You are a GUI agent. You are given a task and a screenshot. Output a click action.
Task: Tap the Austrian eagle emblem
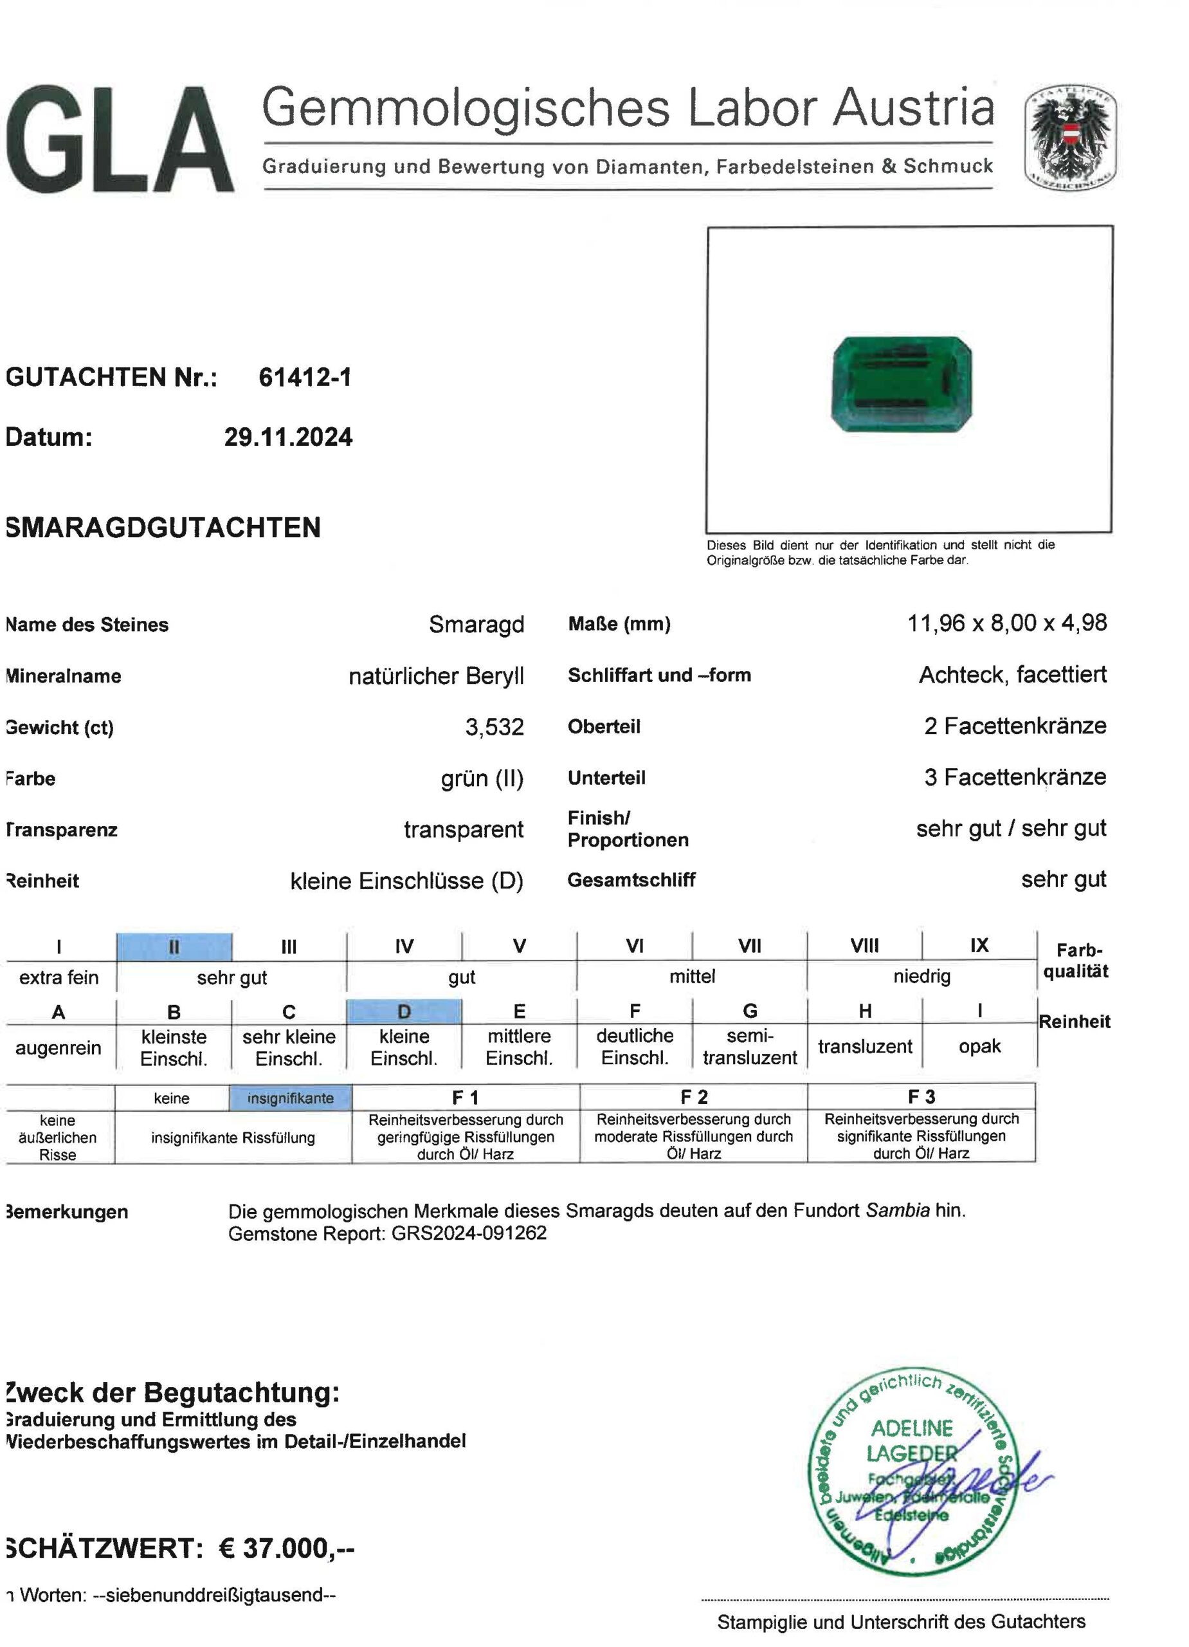tap(1070, 140)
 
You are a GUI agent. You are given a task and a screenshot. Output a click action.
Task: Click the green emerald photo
tap(902, 383)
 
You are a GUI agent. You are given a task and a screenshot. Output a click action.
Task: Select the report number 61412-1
tap(305, 378)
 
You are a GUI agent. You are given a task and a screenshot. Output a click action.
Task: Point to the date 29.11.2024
tap(288, 437)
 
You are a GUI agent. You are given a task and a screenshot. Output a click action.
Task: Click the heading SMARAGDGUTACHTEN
tap(163, 527)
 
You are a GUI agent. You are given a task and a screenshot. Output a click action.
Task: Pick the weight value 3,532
tap(495, 727)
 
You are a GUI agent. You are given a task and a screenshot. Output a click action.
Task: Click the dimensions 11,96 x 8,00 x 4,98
tap(1007, 623)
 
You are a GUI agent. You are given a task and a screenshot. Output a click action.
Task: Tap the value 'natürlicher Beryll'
tap(435, 676)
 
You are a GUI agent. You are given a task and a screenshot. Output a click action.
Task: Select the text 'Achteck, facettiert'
tap(1013, 675)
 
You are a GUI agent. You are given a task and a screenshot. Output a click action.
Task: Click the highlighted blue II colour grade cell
tap(174, 947)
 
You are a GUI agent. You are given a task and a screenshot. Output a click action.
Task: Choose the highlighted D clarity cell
tap(404, 1011)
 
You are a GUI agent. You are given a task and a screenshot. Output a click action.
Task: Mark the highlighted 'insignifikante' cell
tap(291, 1098)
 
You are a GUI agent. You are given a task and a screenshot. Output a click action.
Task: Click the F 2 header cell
tap(693, 1096)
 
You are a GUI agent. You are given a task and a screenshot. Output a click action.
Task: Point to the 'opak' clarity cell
tap(979, 1047)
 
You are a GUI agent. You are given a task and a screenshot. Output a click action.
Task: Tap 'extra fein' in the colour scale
tap(59, 977)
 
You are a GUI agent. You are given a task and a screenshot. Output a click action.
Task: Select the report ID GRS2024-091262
tap(469, 1233)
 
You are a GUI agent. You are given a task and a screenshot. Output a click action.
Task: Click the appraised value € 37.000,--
tap(287, 1548)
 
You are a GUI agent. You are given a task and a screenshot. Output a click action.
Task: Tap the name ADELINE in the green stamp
tap(912, 1428)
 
